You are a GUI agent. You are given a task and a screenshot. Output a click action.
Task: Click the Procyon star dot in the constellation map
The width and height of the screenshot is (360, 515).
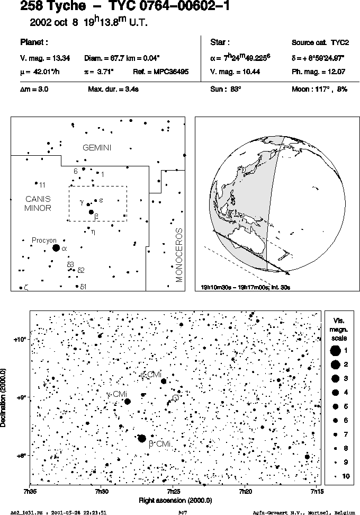click(x=56, y=247)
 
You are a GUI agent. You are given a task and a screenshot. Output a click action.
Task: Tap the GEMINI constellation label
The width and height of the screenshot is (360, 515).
click(x=97, y=148)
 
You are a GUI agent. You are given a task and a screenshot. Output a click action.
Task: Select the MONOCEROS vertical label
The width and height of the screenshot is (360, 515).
click(x=179, y=255)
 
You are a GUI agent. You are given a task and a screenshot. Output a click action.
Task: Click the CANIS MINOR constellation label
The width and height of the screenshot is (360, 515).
click(x=38, y=203)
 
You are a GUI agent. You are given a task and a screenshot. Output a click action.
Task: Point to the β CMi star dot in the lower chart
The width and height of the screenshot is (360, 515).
click(x=142, y=438)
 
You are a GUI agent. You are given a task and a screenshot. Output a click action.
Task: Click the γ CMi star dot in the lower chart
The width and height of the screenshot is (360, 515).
click(x=128, y=402)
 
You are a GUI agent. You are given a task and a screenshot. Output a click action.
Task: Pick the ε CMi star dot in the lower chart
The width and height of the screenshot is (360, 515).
click(x=164, y=381)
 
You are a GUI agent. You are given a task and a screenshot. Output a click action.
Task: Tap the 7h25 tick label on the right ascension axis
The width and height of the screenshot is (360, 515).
click(x=173, y=491)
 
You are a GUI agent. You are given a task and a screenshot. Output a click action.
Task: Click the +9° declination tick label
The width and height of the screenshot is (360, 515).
click(x=21, y=397)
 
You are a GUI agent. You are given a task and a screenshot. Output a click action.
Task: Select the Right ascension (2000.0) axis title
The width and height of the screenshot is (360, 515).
click(x=175, y=501)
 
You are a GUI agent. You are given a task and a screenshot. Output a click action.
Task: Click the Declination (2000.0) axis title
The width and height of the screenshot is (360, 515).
click(x=3, y=397)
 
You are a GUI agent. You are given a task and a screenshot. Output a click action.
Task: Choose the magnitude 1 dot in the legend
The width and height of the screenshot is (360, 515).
click(x=335, y=351)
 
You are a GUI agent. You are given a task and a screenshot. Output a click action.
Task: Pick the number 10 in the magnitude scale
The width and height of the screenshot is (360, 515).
click(x=346, y=476)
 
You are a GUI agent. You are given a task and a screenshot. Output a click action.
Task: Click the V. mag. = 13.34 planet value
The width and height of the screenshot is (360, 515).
click(x=45, y=58)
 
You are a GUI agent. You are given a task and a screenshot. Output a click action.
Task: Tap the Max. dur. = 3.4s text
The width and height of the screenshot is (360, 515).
click(x=113, y=89)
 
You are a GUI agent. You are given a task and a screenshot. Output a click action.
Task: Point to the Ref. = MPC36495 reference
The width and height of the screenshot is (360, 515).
click(x=161, y=72)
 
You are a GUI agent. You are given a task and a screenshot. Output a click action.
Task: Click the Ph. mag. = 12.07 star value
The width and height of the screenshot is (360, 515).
click(x=318, y=72)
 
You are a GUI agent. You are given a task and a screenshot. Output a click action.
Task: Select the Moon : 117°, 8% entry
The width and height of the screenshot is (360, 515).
click(x=319, y=89)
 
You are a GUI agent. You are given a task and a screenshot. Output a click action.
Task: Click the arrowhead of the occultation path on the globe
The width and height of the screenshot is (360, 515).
click(x=288, y=272)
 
